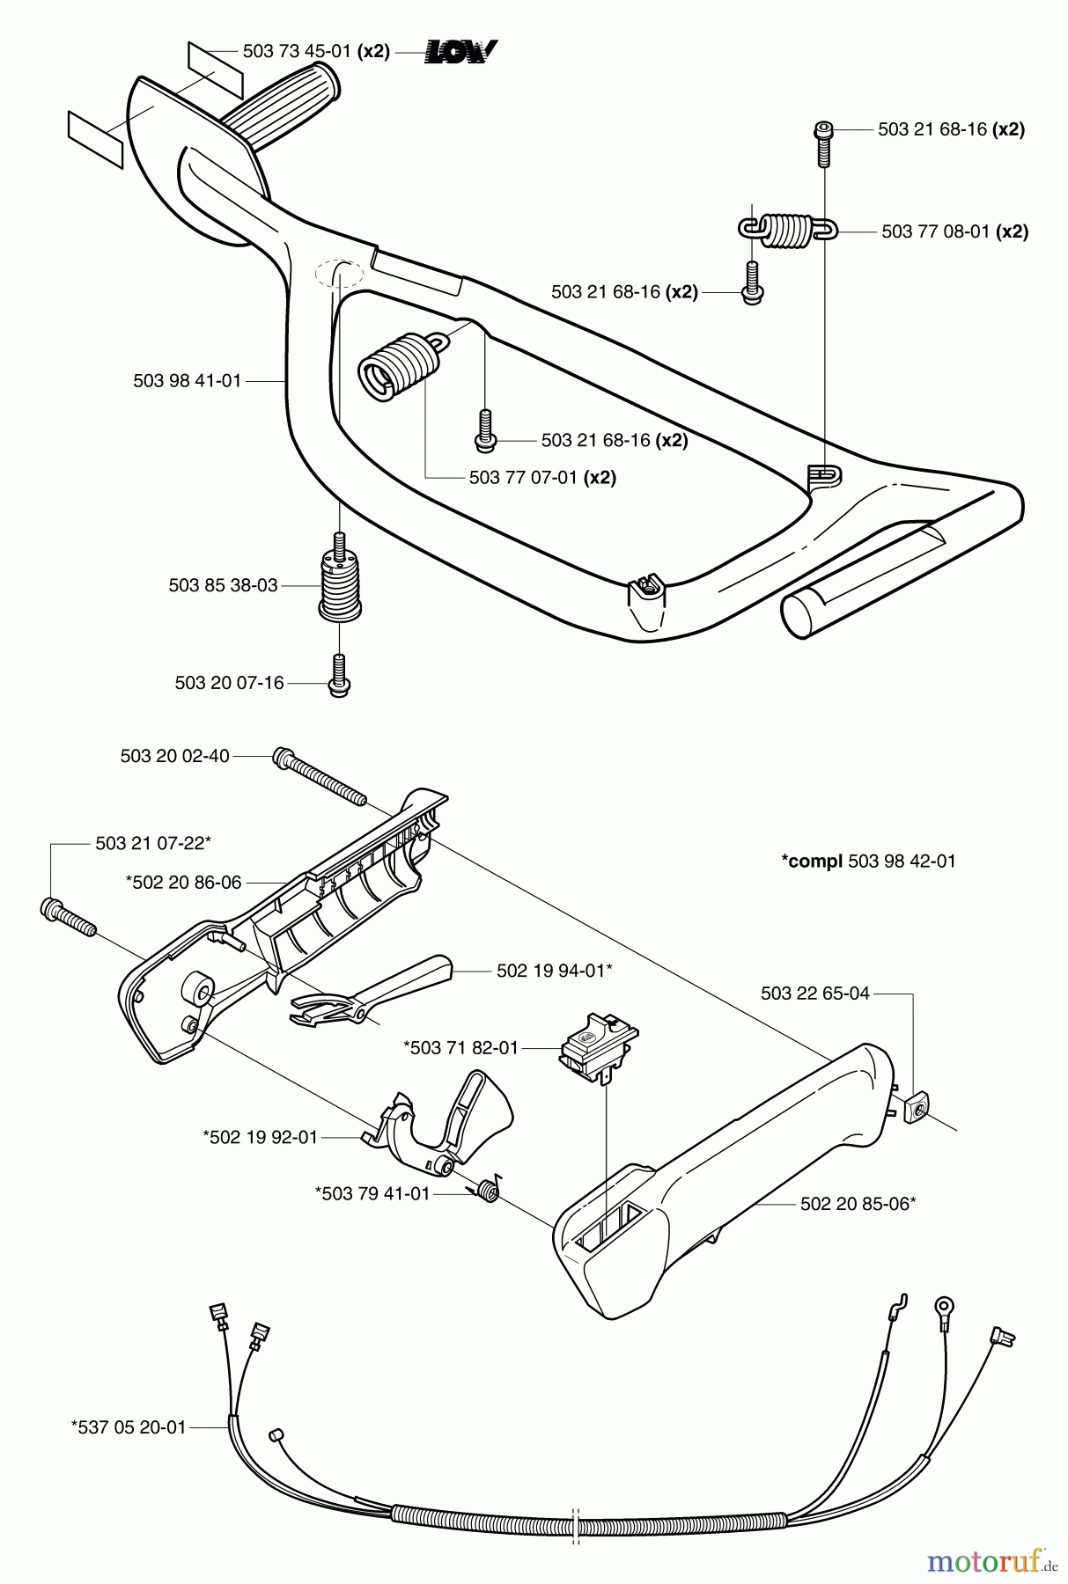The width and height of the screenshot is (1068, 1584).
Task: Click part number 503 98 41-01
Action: click(x=187, y=381)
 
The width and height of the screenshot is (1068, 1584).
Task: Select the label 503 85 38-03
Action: click(x=223, y=585)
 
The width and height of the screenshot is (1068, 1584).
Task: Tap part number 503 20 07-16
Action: click(x=229, y=683)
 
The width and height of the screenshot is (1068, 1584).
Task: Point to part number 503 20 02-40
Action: click(x=174, y=756)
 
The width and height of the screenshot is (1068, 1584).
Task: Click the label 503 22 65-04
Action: click(x=814, y=994)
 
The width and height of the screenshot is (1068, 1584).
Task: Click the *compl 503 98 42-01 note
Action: click(x=868, y=862)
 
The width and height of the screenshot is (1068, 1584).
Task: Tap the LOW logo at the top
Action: click(x=461, y=52)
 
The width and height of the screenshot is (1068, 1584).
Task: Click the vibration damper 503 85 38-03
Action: click(x=339, y=585)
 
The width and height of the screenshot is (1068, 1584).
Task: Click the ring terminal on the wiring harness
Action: click(x=946, y=1305)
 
